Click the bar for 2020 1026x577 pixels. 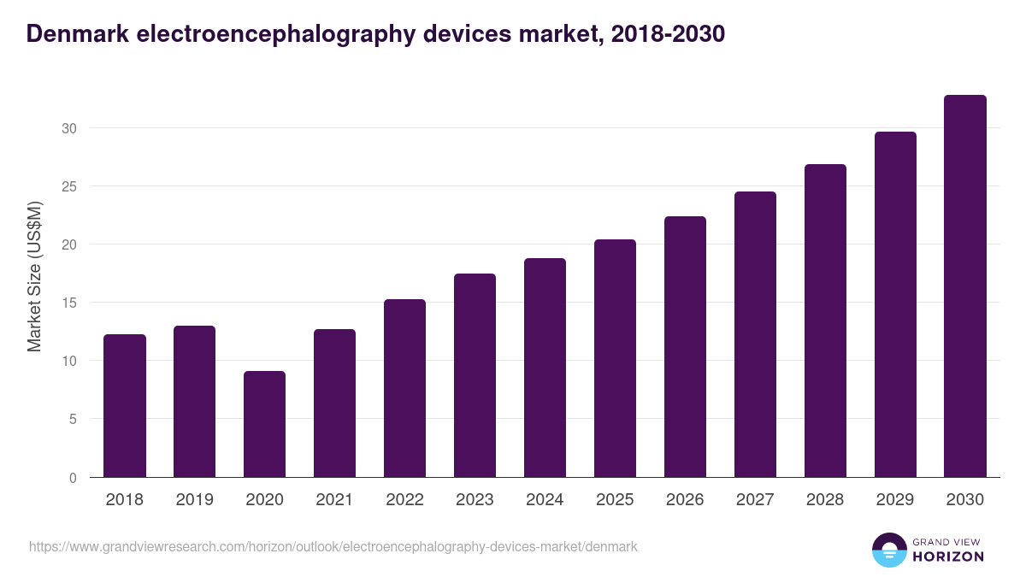tap(264, 424)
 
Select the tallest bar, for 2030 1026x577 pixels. tap(964, 286)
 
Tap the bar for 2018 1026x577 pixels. tap(124, 406)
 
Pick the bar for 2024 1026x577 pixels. tap(545, 368)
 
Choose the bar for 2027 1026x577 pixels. tap(755, 334)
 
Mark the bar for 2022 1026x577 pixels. tap(404, 388)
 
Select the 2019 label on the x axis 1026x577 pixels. tap(194, 500)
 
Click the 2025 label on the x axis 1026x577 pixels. tap(615, 500)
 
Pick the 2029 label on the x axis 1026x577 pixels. tap(895, 500)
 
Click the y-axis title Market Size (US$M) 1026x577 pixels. tap(34, 275)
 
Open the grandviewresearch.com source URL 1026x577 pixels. tap(333, 546)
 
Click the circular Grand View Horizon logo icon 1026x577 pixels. tap(888, 550)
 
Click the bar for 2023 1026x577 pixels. tap(475, 375)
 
